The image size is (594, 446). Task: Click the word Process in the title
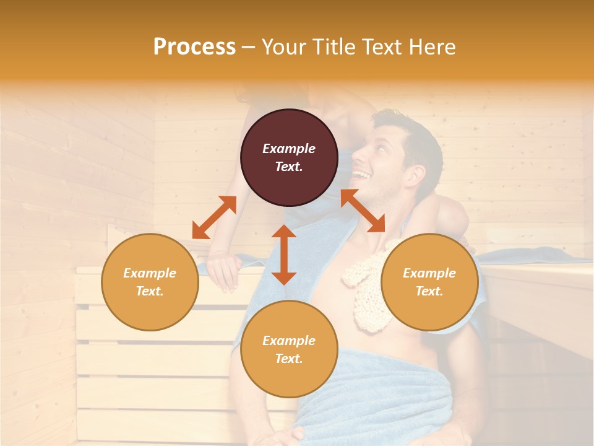(x=194, y=47)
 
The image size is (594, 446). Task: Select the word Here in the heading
(x=431, y=47)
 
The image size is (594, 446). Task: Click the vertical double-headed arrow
(x=284, y=255)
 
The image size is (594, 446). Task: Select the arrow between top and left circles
(x=214, y=217)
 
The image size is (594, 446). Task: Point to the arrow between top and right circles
(x=363, y=211)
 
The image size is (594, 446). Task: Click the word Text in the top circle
(x=288, y=167)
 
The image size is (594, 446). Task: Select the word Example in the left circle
(x=150, y=273)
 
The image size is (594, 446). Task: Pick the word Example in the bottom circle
(x=289, y=341)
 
